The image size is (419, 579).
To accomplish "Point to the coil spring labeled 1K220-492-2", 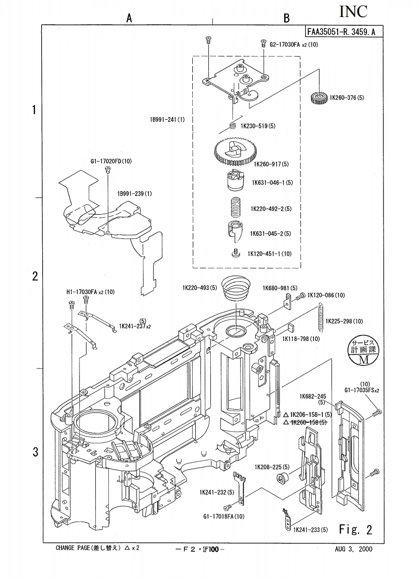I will coord(236,207).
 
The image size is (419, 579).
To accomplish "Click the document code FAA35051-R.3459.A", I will coord(341,31).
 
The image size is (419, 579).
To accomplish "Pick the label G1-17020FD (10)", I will coord(111,161).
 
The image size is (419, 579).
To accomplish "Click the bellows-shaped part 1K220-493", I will coord(235,290).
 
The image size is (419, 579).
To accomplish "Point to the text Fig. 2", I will coord(355,529).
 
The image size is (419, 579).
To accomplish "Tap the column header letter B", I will coord(287,18).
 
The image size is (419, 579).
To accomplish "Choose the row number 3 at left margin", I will coord(35,452).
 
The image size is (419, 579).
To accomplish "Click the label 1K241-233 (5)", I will coord(310,530).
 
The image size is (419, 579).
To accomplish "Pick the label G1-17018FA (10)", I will coord(224,516).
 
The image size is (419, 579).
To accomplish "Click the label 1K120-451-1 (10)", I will coord(270,253).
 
